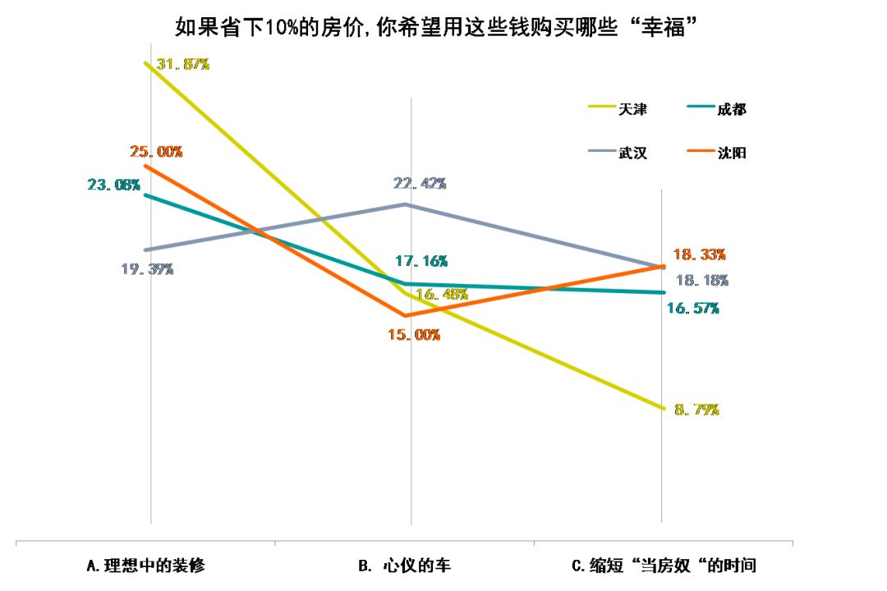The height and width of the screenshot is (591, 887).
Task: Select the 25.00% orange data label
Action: pos(156,152)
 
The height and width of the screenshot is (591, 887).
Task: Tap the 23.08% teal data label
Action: pos(113,185)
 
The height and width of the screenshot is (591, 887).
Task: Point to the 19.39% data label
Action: pos(147,268)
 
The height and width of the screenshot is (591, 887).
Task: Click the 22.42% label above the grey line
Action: pos(419,183)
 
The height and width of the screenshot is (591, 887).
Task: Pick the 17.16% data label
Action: pos(421,261)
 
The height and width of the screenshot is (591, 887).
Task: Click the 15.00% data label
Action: pos(413,334)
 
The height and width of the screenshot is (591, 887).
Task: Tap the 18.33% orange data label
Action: pos(699,254)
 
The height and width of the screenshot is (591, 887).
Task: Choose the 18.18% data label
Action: pos(701,281)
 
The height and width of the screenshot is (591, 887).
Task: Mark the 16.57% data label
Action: pos(693,308)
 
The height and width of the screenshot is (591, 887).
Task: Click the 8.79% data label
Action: pos(696,409)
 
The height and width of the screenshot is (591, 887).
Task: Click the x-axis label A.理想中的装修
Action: pos(145,566)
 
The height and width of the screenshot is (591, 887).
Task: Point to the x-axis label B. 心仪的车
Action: pos(405,566)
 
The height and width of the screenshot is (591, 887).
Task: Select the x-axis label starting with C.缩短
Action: pos(664,566)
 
